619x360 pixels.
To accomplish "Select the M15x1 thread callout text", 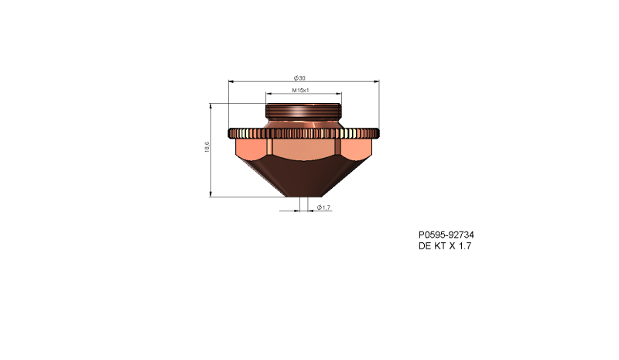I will click(x=301, y=91).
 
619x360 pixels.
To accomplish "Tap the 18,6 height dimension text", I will click(x=207, y=147).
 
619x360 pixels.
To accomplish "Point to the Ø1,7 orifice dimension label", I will click(x=323, y=207).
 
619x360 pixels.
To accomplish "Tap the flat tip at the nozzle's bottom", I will click(x=303, y=195).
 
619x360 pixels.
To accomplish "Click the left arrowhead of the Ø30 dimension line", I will click(x=231, y=81).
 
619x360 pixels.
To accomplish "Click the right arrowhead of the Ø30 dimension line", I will click(x=377, y=81).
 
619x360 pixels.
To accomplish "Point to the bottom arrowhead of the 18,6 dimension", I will click(x=211, y=194).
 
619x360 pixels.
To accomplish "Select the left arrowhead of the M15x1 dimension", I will click(x=268, y=94).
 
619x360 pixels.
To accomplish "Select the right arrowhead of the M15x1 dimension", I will click(x=337, y=94).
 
